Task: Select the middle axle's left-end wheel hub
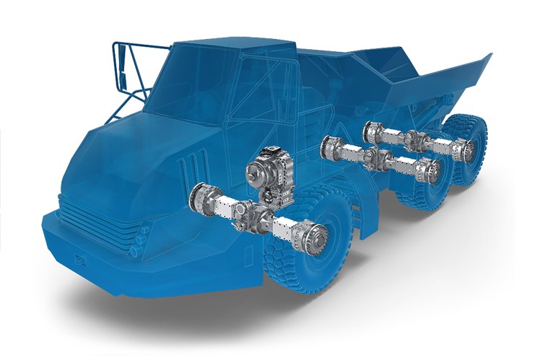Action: point(333,147)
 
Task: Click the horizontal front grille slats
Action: point(79,209)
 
